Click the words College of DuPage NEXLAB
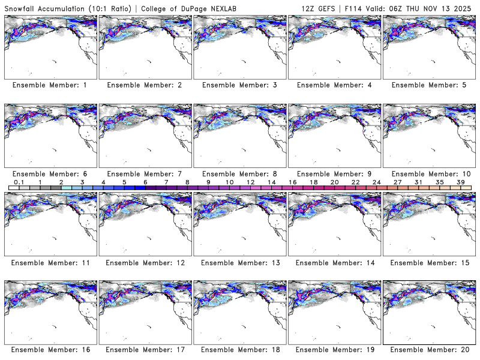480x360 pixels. [x=186, y=7]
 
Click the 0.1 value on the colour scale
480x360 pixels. [x=19, y=182]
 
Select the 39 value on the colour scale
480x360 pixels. [x=460, y=182]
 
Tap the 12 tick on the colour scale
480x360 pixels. [x=250, y=182]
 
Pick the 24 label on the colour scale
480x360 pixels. [x=376, y=182]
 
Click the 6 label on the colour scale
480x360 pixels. [x=145, y=182]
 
